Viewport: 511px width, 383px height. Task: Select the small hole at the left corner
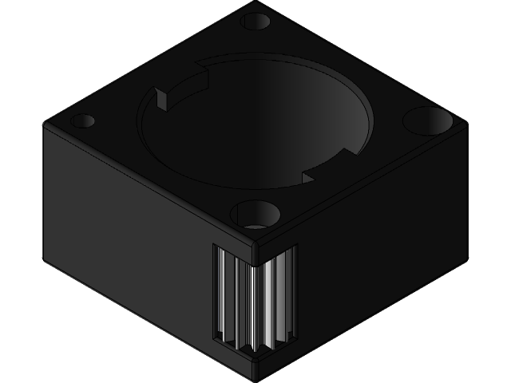point(83,121)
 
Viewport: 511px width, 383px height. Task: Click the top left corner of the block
point(45,124)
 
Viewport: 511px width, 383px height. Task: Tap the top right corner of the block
point(466,124)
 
